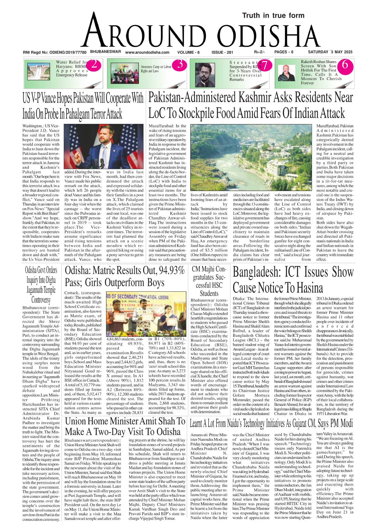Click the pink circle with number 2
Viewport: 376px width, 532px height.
tap(94, 65)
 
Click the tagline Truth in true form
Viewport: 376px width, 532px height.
tap(273, 15)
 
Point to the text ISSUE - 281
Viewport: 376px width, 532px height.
tap(222, 52)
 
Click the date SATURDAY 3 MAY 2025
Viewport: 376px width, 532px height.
tap(330, 52)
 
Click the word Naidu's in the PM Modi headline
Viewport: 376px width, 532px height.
tap(252, 423)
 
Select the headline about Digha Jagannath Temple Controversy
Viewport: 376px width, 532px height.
tap(41, 285)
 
